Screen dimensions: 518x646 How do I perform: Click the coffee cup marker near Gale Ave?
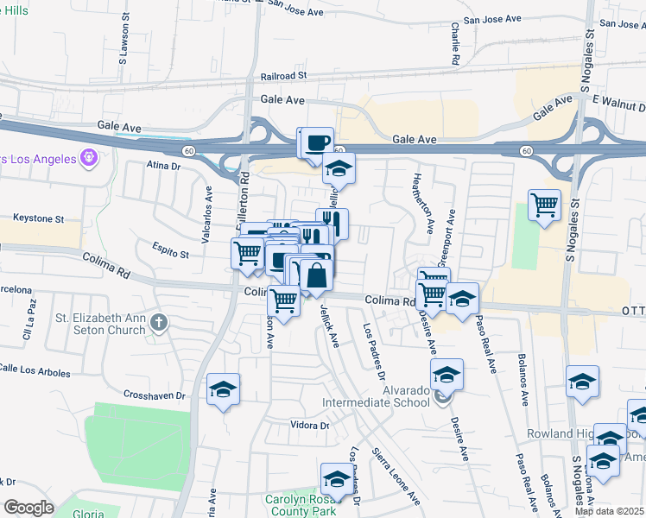click(318, 141)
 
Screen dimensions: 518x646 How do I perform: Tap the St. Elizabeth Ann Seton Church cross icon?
click(158, 323)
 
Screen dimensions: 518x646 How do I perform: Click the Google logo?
click(28, 508)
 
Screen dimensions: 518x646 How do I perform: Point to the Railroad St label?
click(278, 75)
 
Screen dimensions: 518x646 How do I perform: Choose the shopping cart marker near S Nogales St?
click(544, 205)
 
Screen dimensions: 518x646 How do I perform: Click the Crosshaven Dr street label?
click(150, 395)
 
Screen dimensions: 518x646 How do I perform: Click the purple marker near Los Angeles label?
click(87, 158)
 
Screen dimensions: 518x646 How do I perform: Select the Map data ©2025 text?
click(610, 511)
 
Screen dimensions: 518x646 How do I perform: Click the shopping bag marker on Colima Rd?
click(317, 276)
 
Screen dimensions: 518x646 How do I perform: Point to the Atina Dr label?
click(161, 164)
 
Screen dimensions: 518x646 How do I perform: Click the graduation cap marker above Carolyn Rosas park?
click(337, 479)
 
